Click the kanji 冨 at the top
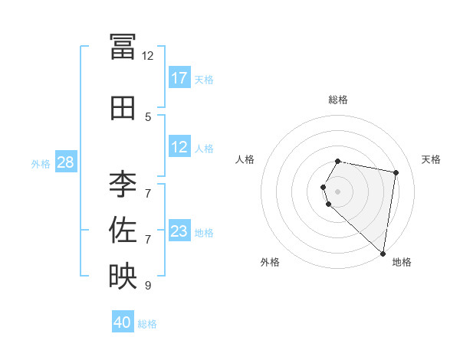(x=123, y=47)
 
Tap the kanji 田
(x=123, y=108)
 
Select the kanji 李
(x=123, y=184)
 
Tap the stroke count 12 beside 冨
(x=148, y=56)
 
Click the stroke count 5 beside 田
(x=148, y=117)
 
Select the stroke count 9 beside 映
(x=148, y=286)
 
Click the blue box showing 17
(x=179, y=78)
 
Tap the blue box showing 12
(x=179, y=147)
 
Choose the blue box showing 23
(x=179, y=231)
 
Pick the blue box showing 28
(x=65, y=162)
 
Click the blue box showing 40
(x=123, y=323)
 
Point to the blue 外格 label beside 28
(x=41, y=163)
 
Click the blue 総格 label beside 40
(x=147, y=324)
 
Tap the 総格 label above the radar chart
(x=337, y=100)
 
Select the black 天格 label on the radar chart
(x=431, y=159)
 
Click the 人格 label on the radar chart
(x=245, y=159)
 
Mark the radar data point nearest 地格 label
(x=383, y=253)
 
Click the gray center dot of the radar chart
(x=337, y=191)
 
